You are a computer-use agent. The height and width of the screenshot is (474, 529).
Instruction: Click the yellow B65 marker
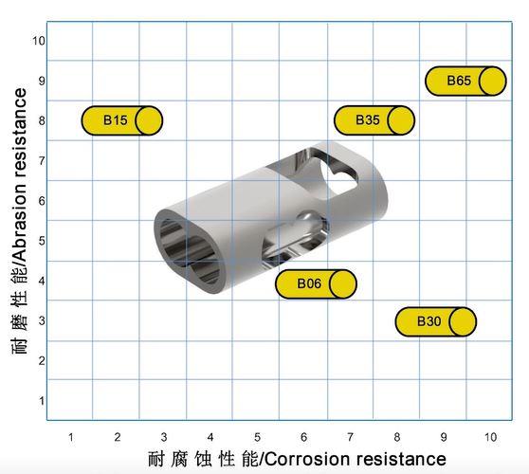(465, 81)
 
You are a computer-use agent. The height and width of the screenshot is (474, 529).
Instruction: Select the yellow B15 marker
(122, 120)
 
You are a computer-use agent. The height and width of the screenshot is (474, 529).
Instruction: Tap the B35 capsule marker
(374, 120)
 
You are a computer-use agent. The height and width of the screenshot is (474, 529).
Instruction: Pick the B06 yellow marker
(316, 283)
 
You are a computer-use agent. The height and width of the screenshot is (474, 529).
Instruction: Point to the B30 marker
(436, 321)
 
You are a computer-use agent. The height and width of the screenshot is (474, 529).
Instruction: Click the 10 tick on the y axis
(39, 41)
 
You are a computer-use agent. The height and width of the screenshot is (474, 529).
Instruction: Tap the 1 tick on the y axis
(42, 401)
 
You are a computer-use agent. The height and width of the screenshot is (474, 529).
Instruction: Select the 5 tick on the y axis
(42, 241)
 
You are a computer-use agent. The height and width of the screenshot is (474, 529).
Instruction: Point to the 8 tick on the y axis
(42, 120)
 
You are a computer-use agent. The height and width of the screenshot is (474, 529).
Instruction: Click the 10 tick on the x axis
(490, 437)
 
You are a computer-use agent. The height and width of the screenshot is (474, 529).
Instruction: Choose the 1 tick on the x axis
(71, 437)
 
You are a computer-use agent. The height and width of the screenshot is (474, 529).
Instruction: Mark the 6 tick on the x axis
(303, 437)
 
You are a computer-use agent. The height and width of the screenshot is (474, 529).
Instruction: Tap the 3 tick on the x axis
(164, 437)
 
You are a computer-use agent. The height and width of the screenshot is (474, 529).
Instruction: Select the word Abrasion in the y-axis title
(20, 221)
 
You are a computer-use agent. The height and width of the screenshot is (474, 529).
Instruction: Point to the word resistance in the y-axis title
(20, 133)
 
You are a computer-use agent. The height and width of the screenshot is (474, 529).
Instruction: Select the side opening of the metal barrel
(294, 239)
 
